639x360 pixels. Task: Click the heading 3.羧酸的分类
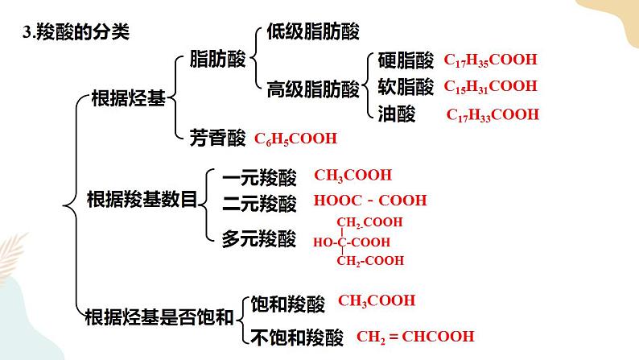(x=76, y=31)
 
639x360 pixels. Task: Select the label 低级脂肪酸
(x=313, y=31)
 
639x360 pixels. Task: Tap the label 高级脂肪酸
(x=313, y=89)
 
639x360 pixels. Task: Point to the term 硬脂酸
(x=406, y=60)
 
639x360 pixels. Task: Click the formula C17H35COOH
(x=490, y=60)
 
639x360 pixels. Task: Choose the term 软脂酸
(x=406, y=86)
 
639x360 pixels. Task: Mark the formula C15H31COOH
(x=490, y=86)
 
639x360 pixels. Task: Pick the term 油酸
(x=396, y=114)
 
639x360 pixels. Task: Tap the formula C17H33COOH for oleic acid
(x=493, y=114)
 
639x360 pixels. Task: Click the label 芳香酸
(x=217, y=138)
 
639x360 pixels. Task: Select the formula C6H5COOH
(x=295, y=139)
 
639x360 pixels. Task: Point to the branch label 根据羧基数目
(x=142, y=200)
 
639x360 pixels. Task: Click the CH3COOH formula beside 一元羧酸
(x=353, y=176)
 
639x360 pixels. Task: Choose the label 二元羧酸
(x=259, y=203)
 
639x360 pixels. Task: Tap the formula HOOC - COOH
(x=370, y=201)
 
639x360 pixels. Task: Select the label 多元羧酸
(x=259, y=238)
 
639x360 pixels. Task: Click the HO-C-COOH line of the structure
(x=351, y=242)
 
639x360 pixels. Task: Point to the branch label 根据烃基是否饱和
(x=159, y=317)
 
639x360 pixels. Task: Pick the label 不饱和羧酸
(x=297, y=337)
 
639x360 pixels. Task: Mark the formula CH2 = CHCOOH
(x=415, y=337)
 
